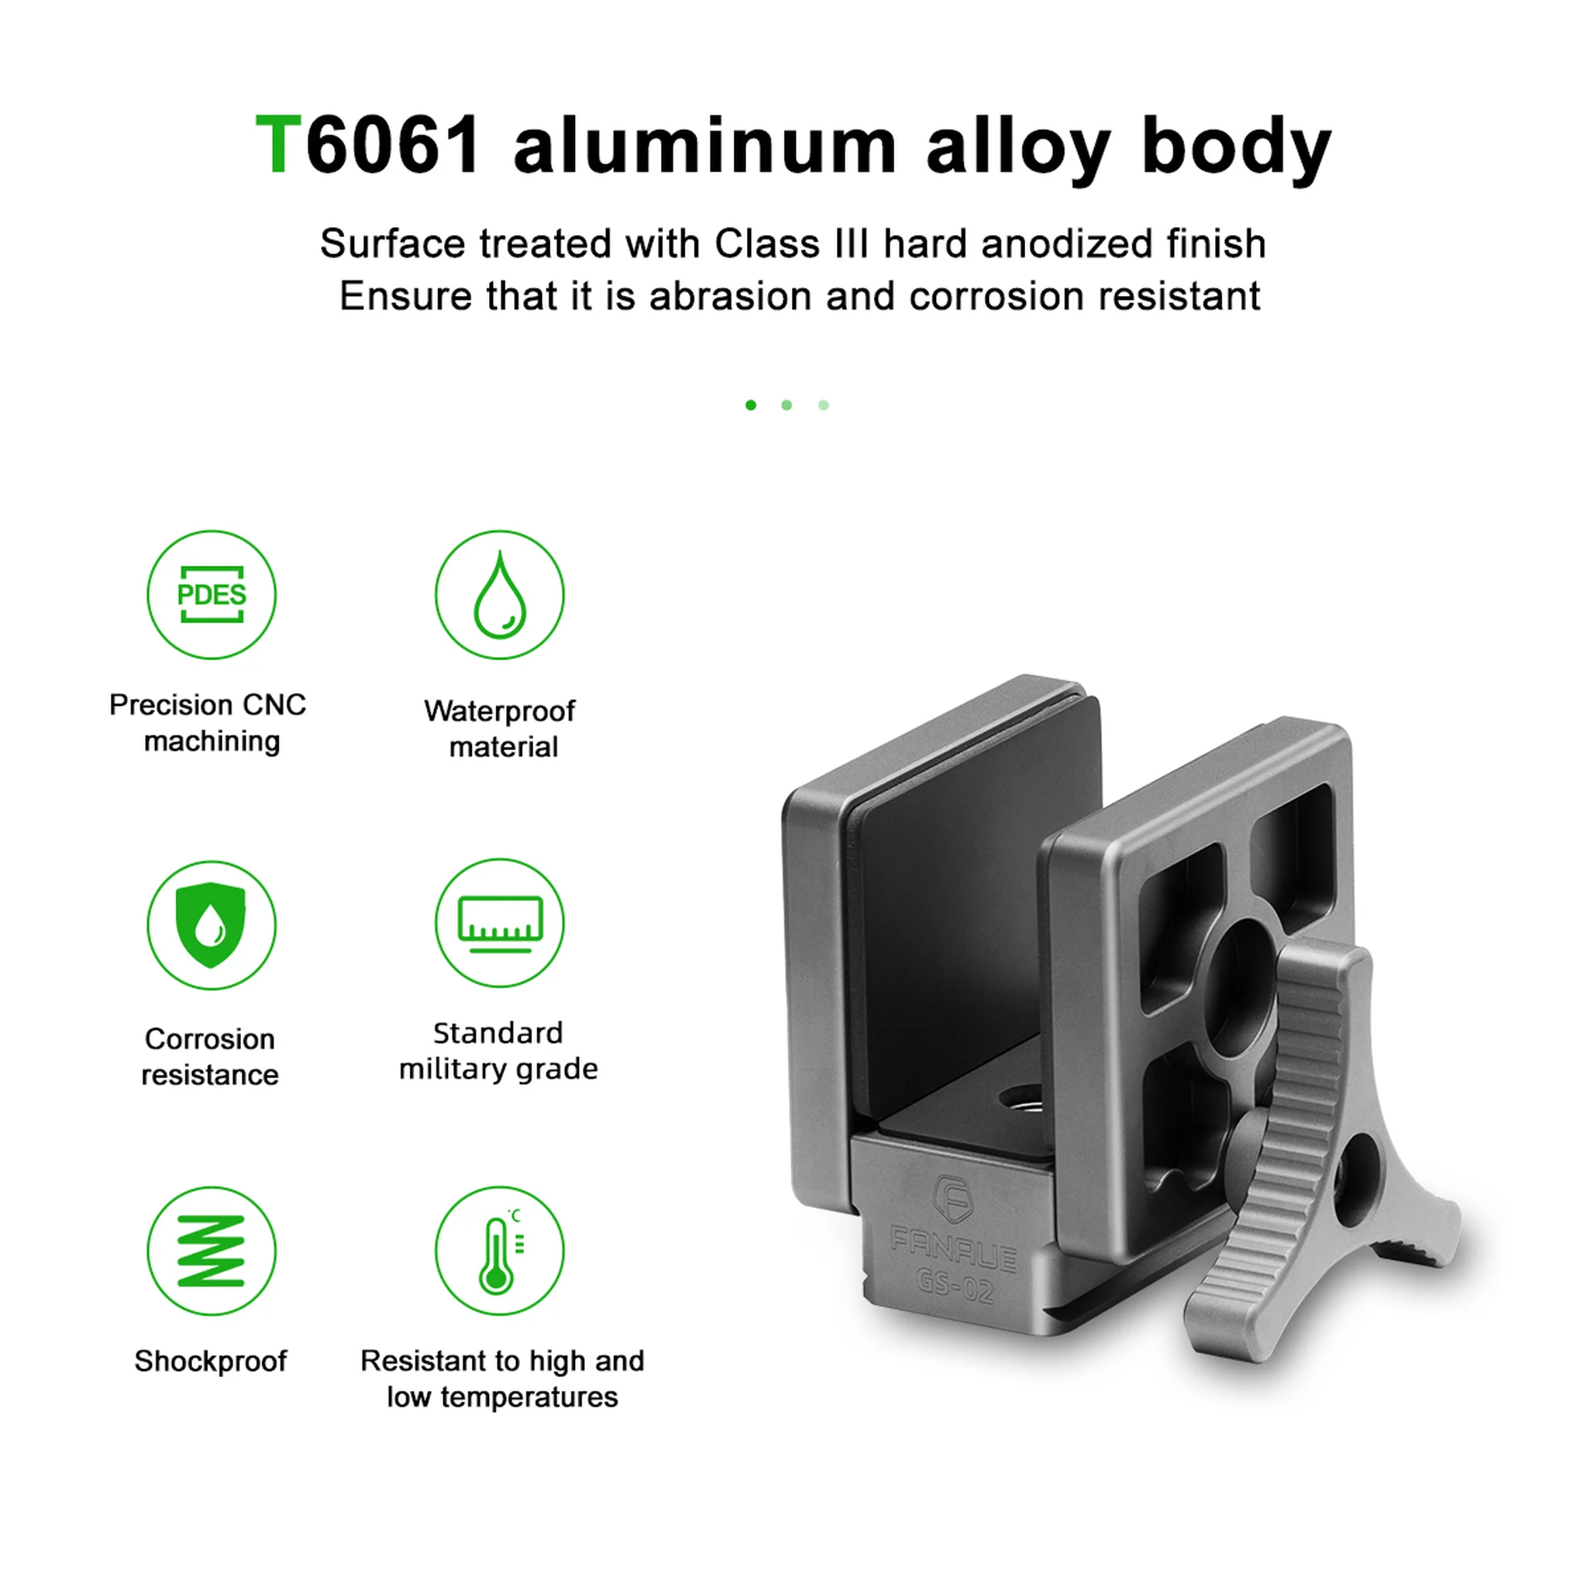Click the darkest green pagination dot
(751, 405)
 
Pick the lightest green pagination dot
(824, 405)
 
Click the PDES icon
(212, 594)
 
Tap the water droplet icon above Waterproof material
(500, 594)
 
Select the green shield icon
(212, 925)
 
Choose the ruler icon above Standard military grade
(500, 922)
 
